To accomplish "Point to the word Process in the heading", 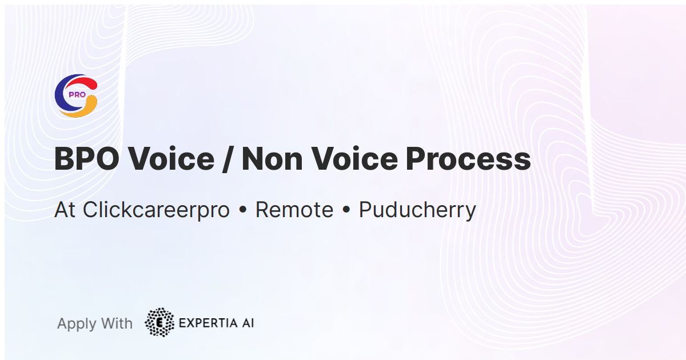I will [468, 159].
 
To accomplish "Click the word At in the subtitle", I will [65, 210].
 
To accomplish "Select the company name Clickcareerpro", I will [156, 210].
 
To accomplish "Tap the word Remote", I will [294, 210].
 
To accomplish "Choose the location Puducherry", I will [417, 210].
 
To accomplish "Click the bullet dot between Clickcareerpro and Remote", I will [242, 211].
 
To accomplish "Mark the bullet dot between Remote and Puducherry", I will [346, 211].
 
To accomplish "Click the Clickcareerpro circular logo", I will [76, 96].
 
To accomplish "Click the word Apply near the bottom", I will [76, 324].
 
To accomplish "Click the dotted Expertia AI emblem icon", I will [159, 323].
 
